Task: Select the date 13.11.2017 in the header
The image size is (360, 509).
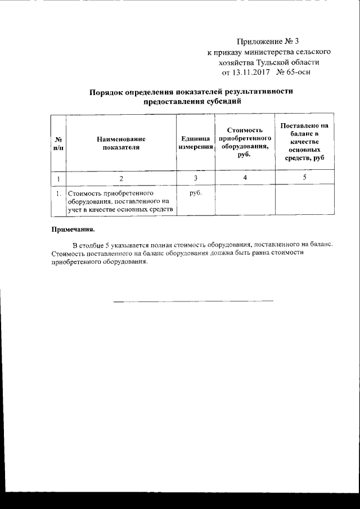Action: pyautogui.click(x=251, y=73)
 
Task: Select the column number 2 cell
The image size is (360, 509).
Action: pyautogui.click(x=121, y=178)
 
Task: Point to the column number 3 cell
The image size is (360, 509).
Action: pyautogui.click(x=196, y=178)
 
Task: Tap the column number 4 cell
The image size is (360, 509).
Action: pyautogui.click(x=245, y=178)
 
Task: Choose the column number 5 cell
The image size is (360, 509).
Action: pyautogui.click(x=304, y=178)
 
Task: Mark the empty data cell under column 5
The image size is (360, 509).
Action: pyautogui.click(x=304, y=200)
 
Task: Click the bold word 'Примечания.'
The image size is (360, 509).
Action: pyautogui.click(x=73, y=229)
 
